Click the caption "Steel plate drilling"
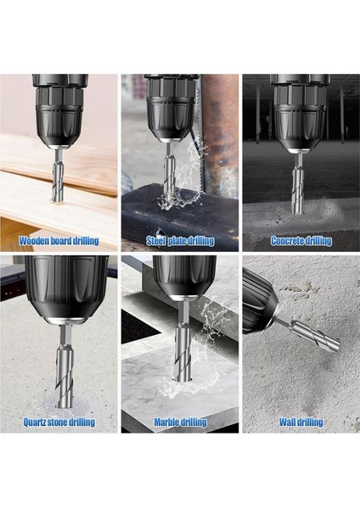coord(179,241)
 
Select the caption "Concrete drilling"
coord(301,241)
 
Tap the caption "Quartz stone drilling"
coord(59,422)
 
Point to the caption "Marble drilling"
coord(180,422)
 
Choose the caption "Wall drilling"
coord(301,422)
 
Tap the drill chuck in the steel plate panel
coord(172,111)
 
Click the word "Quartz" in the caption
coord(39,422)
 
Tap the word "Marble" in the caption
coord(168,422)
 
